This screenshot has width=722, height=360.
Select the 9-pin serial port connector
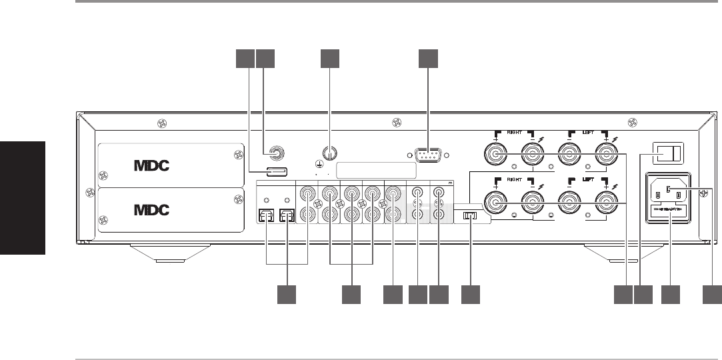click(428, 156)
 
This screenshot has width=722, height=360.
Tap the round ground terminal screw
click(329, 153)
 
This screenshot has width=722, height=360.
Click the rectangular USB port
click(277, 172)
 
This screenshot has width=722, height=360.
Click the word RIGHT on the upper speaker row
click(515, 132)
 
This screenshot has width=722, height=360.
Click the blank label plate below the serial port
click(377, 170)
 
